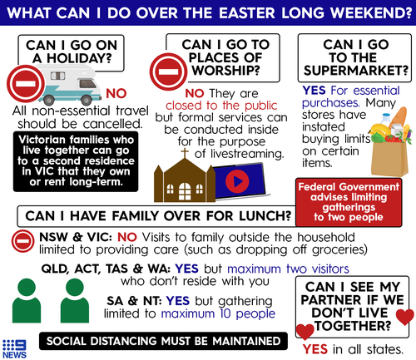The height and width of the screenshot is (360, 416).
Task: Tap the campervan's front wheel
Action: [x=87, y=100]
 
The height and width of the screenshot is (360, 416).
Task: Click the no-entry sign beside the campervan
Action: [x=26, y=84]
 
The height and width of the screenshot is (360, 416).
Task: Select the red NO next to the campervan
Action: [x=116, y=94]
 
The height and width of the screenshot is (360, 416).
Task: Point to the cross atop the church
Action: [x=185, y=153]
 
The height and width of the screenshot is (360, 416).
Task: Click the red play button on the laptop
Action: [x=237, y=181]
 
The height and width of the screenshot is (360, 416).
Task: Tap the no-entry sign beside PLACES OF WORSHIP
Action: [x=168, y=72]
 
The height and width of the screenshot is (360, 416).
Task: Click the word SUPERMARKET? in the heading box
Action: [x=356, y=71]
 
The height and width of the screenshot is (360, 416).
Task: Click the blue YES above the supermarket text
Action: [x=314, y=91]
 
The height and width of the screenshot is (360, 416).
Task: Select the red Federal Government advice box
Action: [x=349, y=202]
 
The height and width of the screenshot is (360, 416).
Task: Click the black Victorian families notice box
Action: [x=76, y=161]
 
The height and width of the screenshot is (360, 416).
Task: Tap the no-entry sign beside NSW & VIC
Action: [x=23, y=241]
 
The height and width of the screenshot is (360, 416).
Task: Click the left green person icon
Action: [x=27, y=300]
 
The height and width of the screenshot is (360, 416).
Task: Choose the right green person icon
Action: [x=75, y=300]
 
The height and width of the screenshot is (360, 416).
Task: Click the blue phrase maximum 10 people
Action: [x=218, y=313]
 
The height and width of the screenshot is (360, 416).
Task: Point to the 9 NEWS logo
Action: [x=14, y=349]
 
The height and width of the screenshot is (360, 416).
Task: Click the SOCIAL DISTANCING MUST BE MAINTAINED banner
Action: [x=163, y=341]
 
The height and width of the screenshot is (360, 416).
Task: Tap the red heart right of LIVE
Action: [x=405, y=317]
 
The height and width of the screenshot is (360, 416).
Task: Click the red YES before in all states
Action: [x=315, y=349]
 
